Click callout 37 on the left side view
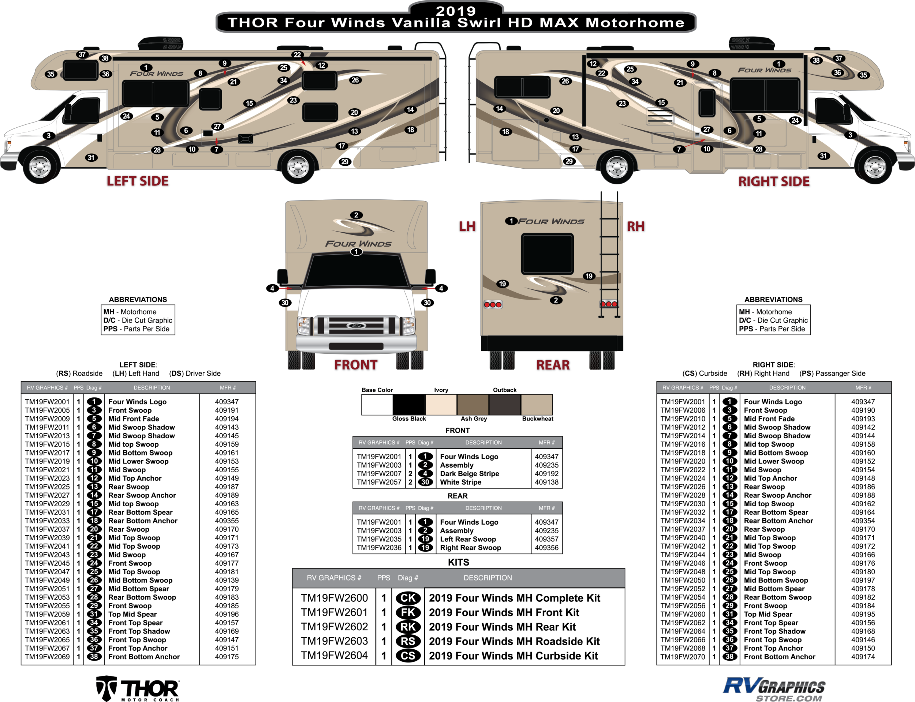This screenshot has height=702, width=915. (82, 54)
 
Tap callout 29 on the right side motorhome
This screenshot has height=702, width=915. (569, 161)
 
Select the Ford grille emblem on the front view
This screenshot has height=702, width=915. (356, 326)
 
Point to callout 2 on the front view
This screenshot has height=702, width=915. (356, 215)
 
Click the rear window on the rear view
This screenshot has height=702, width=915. (547, 254)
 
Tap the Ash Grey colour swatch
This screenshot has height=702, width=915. (473, 405)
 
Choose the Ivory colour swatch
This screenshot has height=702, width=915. (441, 405)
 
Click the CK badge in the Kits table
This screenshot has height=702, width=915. (408, 598)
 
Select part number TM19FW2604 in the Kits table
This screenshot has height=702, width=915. (335, 655)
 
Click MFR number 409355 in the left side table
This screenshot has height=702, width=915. (227, 521)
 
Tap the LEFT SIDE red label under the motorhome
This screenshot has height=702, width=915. (138, 181)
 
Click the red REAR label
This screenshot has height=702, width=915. (553, 365)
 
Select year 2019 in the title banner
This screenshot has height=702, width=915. (456, 11)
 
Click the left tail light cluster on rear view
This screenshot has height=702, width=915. (493, 305)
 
